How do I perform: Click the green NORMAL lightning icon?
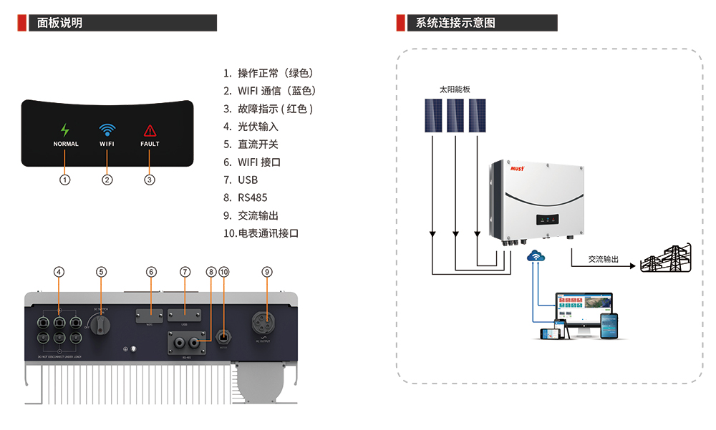pos(65,130)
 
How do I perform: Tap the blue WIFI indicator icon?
pos(107,130)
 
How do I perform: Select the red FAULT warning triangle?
pos(150,130)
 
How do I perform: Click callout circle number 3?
pos(150,180)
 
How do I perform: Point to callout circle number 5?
pos(101,272)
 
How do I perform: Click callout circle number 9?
pos(267,272)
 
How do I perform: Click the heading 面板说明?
pos(60,23)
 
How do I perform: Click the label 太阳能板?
pos(455,90)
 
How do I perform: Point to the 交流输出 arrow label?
pos(603,260)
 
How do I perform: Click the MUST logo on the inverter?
pos(517,169)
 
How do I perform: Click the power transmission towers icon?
pos(665,259)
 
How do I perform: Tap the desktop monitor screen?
pos(584,306)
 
